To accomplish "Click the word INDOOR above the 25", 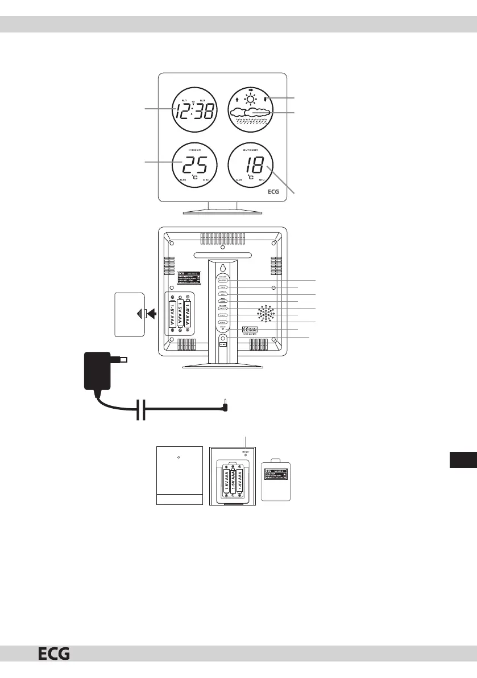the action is point(194,150).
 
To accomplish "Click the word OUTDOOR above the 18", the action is point(251,150).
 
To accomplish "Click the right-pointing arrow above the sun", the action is point(251,88).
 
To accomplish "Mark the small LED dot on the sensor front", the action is point(179,458).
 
